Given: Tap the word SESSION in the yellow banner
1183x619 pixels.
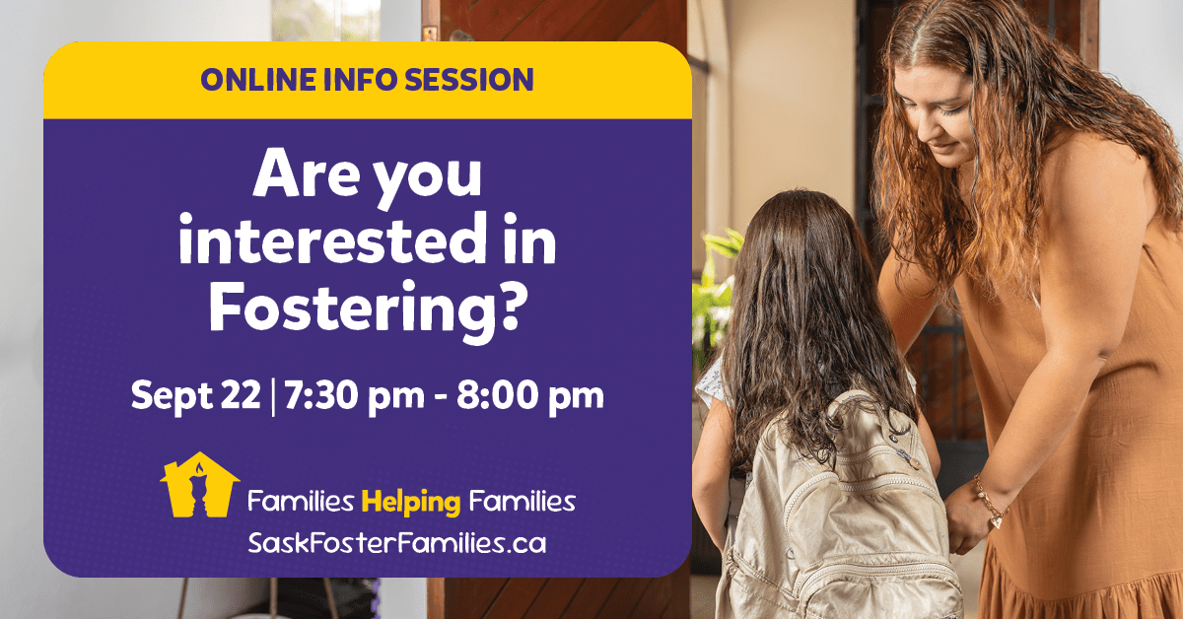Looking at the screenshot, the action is click(x=469, y=80).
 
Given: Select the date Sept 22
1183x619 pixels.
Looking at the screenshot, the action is click(x=196, y=395).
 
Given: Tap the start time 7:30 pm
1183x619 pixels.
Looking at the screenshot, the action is click(x=354, y=395).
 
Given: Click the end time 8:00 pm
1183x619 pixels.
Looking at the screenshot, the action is click(x=530, y=395).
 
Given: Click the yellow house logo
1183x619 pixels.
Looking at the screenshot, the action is click(x=199, y=484).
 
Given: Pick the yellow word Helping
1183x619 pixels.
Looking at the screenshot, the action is click(x=411, y=503).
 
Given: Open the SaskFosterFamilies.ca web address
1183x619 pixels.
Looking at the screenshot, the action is click(x=397, y=543).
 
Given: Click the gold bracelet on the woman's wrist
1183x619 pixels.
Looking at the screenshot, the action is click(x=991, y=501).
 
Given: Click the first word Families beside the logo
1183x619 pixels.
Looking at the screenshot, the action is click(x=301, y=501).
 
